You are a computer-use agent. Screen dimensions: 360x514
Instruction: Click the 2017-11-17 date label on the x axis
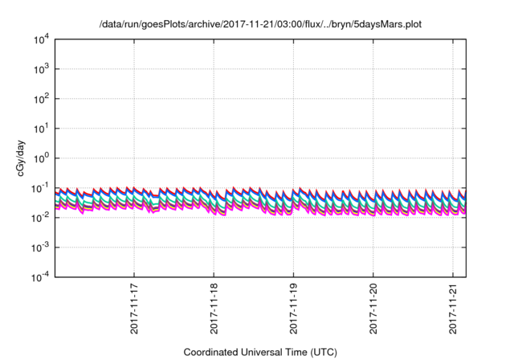tap(134, 308)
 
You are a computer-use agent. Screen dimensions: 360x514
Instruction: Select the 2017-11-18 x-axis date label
tap(214, 308)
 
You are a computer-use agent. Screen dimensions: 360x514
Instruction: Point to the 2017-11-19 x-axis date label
tap(293, 308)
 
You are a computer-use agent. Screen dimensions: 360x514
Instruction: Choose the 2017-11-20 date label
tap(373, 308)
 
